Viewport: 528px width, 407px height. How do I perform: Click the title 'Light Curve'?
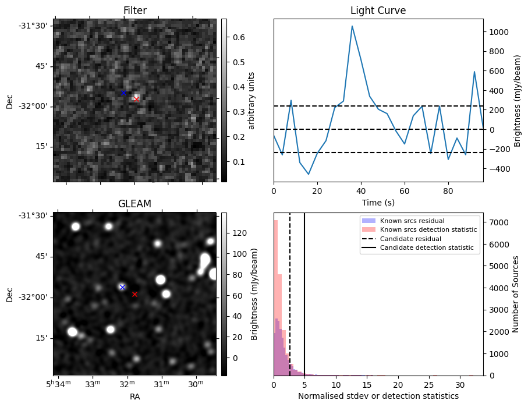[x=378, y=10]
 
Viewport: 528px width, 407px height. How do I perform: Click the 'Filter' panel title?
[x=134, y=10]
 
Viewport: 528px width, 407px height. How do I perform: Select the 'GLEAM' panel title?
[x=134, y=203]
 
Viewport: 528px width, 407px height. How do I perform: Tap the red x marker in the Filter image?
[x=136, y=99]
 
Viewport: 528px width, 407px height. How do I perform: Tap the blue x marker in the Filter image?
[x=123, y=93]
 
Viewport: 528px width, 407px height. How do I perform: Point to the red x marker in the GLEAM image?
[x=134, y=294]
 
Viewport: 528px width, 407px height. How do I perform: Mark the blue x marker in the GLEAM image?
[x=122, y=287]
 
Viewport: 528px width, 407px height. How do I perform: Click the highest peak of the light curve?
[x=352, y=26]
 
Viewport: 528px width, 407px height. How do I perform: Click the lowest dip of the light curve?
[x=309, y=174]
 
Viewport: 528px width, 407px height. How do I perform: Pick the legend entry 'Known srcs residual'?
[x=412, y=221]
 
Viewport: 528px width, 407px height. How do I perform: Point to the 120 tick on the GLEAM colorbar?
[x=239, y=233]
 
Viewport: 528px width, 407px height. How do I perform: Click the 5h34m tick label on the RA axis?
[x=58, y=384]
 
